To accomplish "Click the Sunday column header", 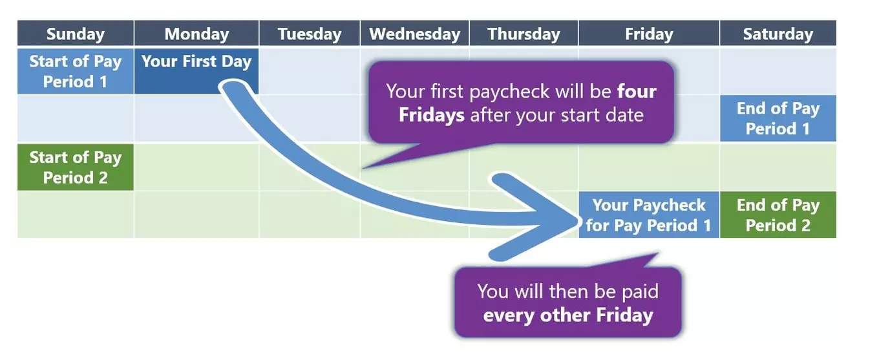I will click(75, 34).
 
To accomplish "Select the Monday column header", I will click(196, 34).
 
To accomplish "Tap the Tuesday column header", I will click(310, 34).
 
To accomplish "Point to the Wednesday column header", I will click(414, 34).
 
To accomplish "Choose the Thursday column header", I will click(524, 34).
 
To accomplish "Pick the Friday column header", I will click(648, 34).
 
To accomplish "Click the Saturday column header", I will click(778, 34).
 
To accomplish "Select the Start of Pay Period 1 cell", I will click(75, 71).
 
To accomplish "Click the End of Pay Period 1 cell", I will click(778, 118).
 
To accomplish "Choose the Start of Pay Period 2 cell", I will click(75, 167).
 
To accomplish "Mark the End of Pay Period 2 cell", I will click(778, 215).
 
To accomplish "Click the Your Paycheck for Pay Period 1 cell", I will click(648, 215).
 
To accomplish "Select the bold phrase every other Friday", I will click(567, 315).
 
